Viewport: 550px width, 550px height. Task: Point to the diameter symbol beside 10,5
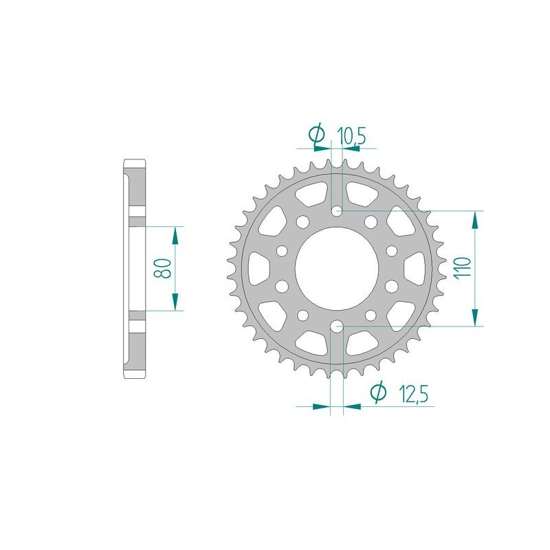tap(318, 136)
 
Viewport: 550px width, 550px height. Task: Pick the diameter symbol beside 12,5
tap(378, 393)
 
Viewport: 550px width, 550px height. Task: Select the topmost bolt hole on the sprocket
tap(336, 211)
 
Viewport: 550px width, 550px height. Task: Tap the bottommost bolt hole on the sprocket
tap(336, 327)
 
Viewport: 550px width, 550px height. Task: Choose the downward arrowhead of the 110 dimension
tap(474, 316)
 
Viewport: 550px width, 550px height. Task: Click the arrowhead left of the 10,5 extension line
tap(322, 147)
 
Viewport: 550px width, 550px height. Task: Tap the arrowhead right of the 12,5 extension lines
tap(352, 406)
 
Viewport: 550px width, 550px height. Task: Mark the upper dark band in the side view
tap(135, 221)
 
